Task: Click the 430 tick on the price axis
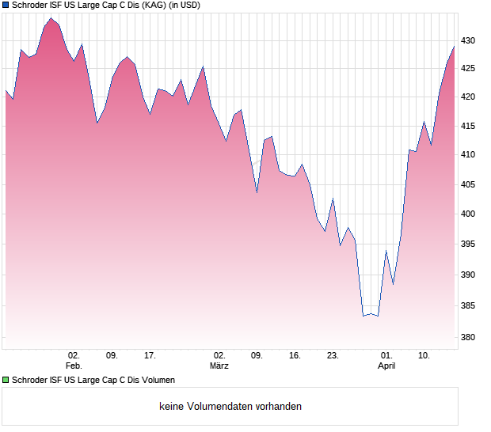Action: [469, 40]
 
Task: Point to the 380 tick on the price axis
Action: [469, 338]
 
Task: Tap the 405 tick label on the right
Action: [469, 184]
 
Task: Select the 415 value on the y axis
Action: [469, 126]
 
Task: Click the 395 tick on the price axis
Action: [469, 244]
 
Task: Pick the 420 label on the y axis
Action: [469, 97]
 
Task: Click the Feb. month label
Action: [74, 366]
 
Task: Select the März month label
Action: [219, 366]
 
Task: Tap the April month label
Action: [386, 366]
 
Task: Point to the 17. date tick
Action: [150, 355]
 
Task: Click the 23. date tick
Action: [333, 355]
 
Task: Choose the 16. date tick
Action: [295, 355]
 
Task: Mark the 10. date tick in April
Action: [424, 355]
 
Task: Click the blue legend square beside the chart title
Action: [6, 6]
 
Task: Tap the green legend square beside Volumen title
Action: [6, 381]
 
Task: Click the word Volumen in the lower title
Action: [157, 381]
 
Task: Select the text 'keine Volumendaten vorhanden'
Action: [230, 407]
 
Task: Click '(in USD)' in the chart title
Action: [185, 6]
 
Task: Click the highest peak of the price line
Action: [51, 17]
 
